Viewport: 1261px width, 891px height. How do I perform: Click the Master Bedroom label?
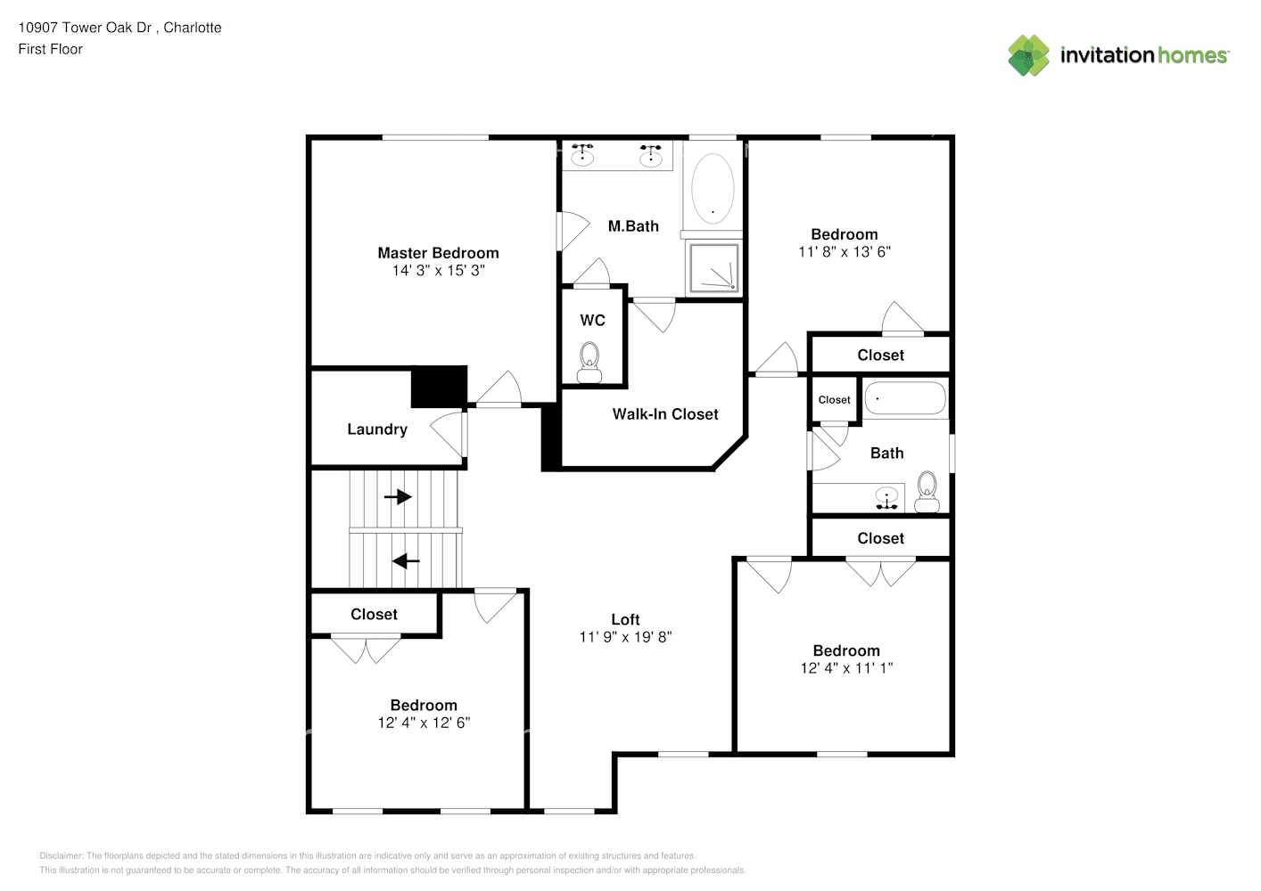point(438,253)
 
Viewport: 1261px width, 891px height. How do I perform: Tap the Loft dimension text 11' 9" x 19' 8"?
point(625,637)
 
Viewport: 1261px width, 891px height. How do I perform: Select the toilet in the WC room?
point(589,363)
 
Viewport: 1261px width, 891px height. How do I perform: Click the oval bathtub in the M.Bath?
point(713,189)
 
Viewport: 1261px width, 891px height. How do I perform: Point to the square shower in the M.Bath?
point(713,268)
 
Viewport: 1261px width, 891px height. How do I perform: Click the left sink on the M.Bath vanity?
point(582,155)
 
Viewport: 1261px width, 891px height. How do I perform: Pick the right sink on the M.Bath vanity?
point(651,155)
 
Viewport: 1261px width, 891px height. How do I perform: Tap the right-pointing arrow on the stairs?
point(398,496)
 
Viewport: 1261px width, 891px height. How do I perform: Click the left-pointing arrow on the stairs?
point(406,560)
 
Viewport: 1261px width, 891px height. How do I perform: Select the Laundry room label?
point(377,429)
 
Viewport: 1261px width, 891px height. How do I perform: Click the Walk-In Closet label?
point(665,414)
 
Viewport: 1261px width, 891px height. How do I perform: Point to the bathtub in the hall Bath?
point(904,398)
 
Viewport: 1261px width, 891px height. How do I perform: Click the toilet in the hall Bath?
point(927,492)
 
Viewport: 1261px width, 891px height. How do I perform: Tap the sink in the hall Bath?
point(886,498)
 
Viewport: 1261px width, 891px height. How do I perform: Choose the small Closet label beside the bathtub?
point(834,400)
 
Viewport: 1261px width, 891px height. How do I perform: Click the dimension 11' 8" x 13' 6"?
point(845,252)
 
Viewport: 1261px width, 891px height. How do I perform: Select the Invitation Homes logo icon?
point(1028,55)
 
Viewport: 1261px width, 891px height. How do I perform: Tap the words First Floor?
point(50,49)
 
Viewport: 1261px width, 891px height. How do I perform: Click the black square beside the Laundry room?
point(439,387)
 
